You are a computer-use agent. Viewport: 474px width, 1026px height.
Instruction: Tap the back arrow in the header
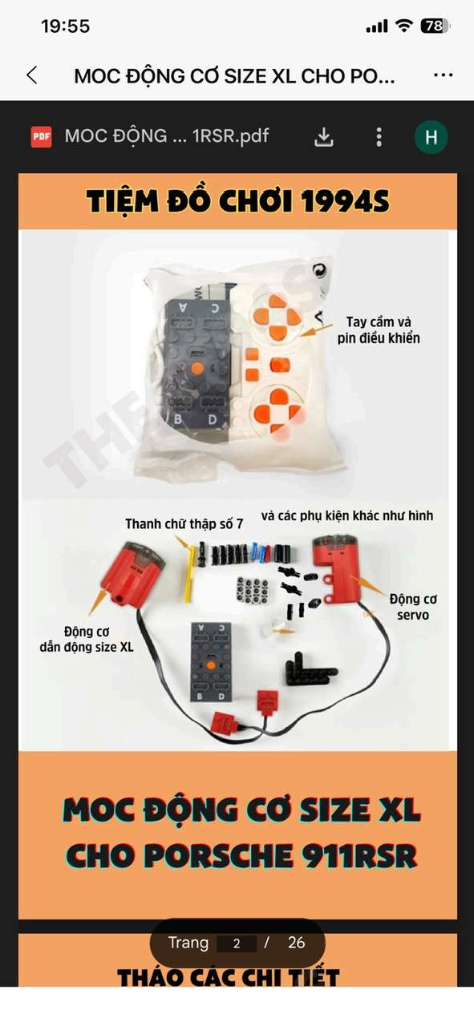32,75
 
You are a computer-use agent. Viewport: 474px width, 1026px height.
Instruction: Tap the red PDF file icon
41,136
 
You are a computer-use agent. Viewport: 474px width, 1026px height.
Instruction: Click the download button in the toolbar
324,136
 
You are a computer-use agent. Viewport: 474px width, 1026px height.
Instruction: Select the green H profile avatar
431,136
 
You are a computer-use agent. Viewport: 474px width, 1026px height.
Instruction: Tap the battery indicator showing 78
435,26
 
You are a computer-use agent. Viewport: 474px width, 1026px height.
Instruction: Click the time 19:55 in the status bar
65,26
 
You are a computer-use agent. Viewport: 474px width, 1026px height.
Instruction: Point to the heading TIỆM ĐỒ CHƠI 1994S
238,201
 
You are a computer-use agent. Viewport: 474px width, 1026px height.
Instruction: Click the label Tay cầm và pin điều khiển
379,329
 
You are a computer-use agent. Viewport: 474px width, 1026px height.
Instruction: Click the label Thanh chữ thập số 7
184,523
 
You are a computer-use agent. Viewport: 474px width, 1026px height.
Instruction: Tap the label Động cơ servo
413,607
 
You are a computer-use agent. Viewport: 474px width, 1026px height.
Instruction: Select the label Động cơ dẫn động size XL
87,640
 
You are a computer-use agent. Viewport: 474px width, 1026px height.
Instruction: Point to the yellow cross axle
189,573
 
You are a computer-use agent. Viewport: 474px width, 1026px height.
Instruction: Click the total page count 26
296,942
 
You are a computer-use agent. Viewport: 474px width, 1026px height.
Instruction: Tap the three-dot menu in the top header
444,75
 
